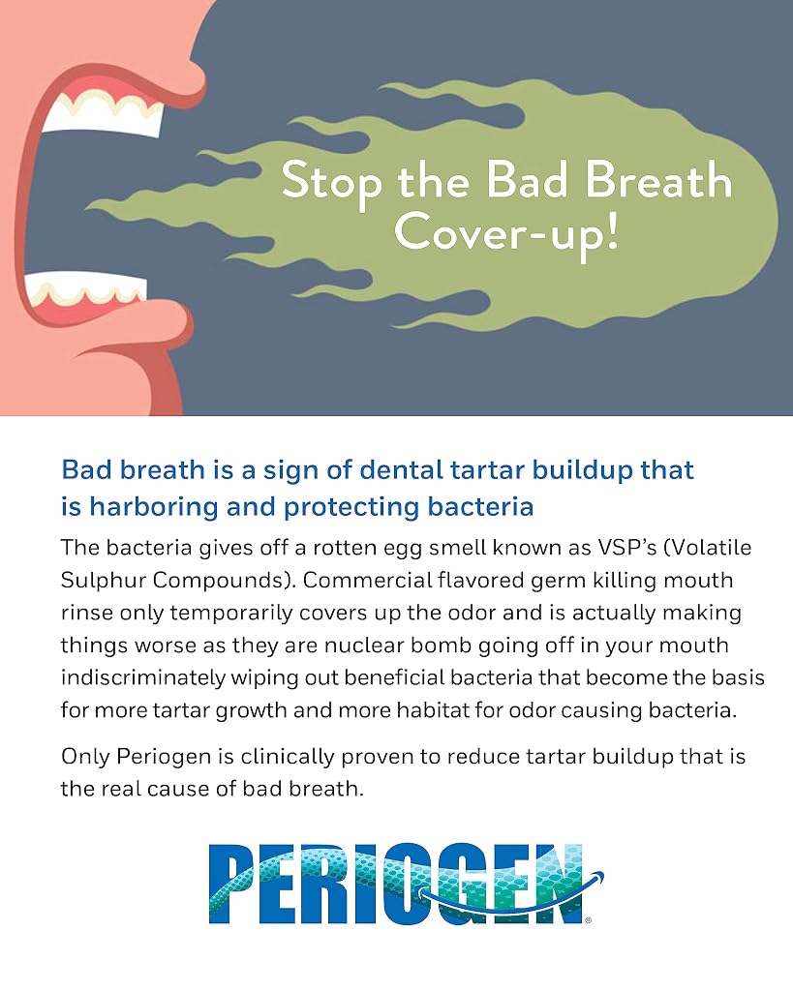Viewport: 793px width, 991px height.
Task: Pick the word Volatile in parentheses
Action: pyautogui.click(x=708, y=548)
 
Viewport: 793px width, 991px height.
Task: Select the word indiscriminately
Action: pyautogui.click(x=143, y=677)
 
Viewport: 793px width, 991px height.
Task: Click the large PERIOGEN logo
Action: pyautogui.click(x=406, y=884)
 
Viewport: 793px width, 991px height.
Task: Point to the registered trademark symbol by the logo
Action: pyautogui.click(x=588, y=920)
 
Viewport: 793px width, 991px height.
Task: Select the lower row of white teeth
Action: pyautogui.click(x=87, y=288)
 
